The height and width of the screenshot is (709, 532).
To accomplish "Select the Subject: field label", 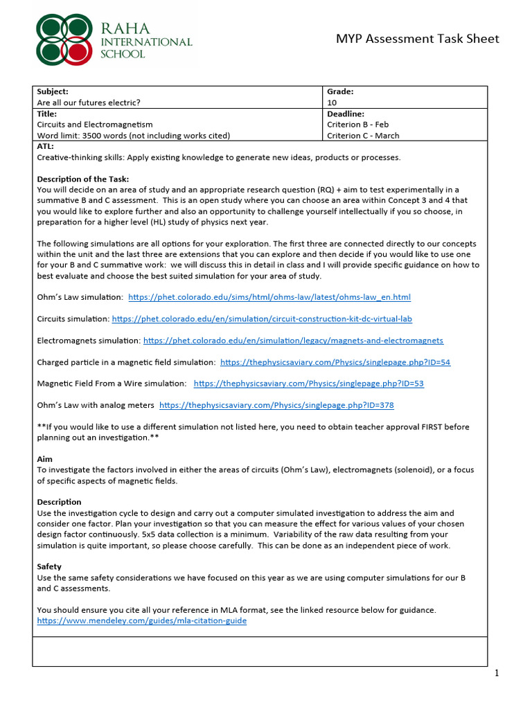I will pyautogui.click(x=53, y=91).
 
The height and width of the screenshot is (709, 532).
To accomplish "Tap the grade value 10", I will pyautogui.click(x=332, y=102).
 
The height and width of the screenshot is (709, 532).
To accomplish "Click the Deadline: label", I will pyautogui.click(x=345, y=114).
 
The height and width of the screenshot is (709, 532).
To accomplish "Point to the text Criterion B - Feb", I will pyautogui.click(x=357, y=125).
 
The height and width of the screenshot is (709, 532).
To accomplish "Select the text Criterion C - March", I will pyautogui.click(x=362, y=136).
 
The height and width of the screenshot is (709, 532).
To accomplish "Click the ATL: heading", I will pyautogui.click(x=45, y=147).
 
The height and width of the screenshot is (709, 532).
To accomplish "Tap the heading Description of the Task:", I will pyautogui.click(x=82, y=179).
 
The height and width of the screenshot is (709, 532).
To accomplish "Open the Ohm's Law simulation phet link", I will pyautogui.click(x=269, y=297).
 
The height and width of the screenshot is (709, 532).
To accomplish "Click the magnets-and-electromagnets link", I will pyautogui.click(x=293, y=341).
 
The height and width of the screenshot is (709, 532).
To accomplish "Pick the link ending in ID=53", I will pyautogui.click(x=309, y=384).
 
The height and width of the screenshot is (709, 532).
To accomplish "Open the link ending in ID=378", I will pyautogui.click(x=276, y=405).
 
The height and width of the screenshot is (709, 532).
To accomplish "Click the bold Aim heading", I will pyautogui.click(x=44, y=459).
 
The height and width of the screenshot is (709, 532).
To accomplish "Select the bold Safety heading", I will pyautogui.click(x=49, y=566).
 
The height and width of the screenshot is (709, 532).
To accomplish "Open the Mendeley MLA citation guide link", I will pyautogui.click(x=141, y=621).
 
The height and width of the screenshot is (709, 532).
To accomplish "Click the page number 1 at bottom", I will pyautogui.click(x=497, y=673).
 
